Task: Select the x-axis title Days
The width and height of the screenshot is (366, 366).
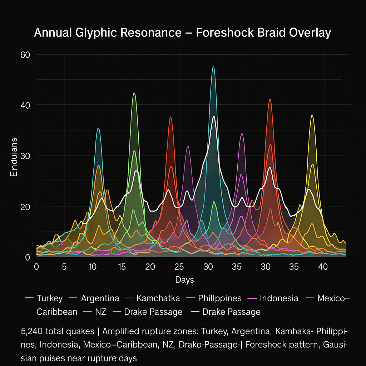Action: point(184,280)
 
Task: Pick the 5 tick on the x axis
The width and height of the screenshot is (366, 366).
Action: point(64,267)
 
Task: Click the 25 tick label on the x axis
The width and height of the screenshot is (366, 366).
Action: point(179,267)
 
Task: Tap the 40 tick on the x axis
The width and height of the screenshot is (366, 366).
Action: point(323,267)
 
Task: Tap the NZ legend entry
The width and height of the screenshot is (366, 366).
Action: point(101,312)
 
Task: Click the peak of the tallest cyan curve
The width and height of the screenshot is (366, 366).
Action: point(213,66)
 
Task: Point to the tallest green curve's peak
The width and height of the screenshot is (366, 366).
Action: point(134,93)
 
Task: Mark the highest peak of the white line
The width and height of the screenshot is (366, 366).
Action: point(214,117)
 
